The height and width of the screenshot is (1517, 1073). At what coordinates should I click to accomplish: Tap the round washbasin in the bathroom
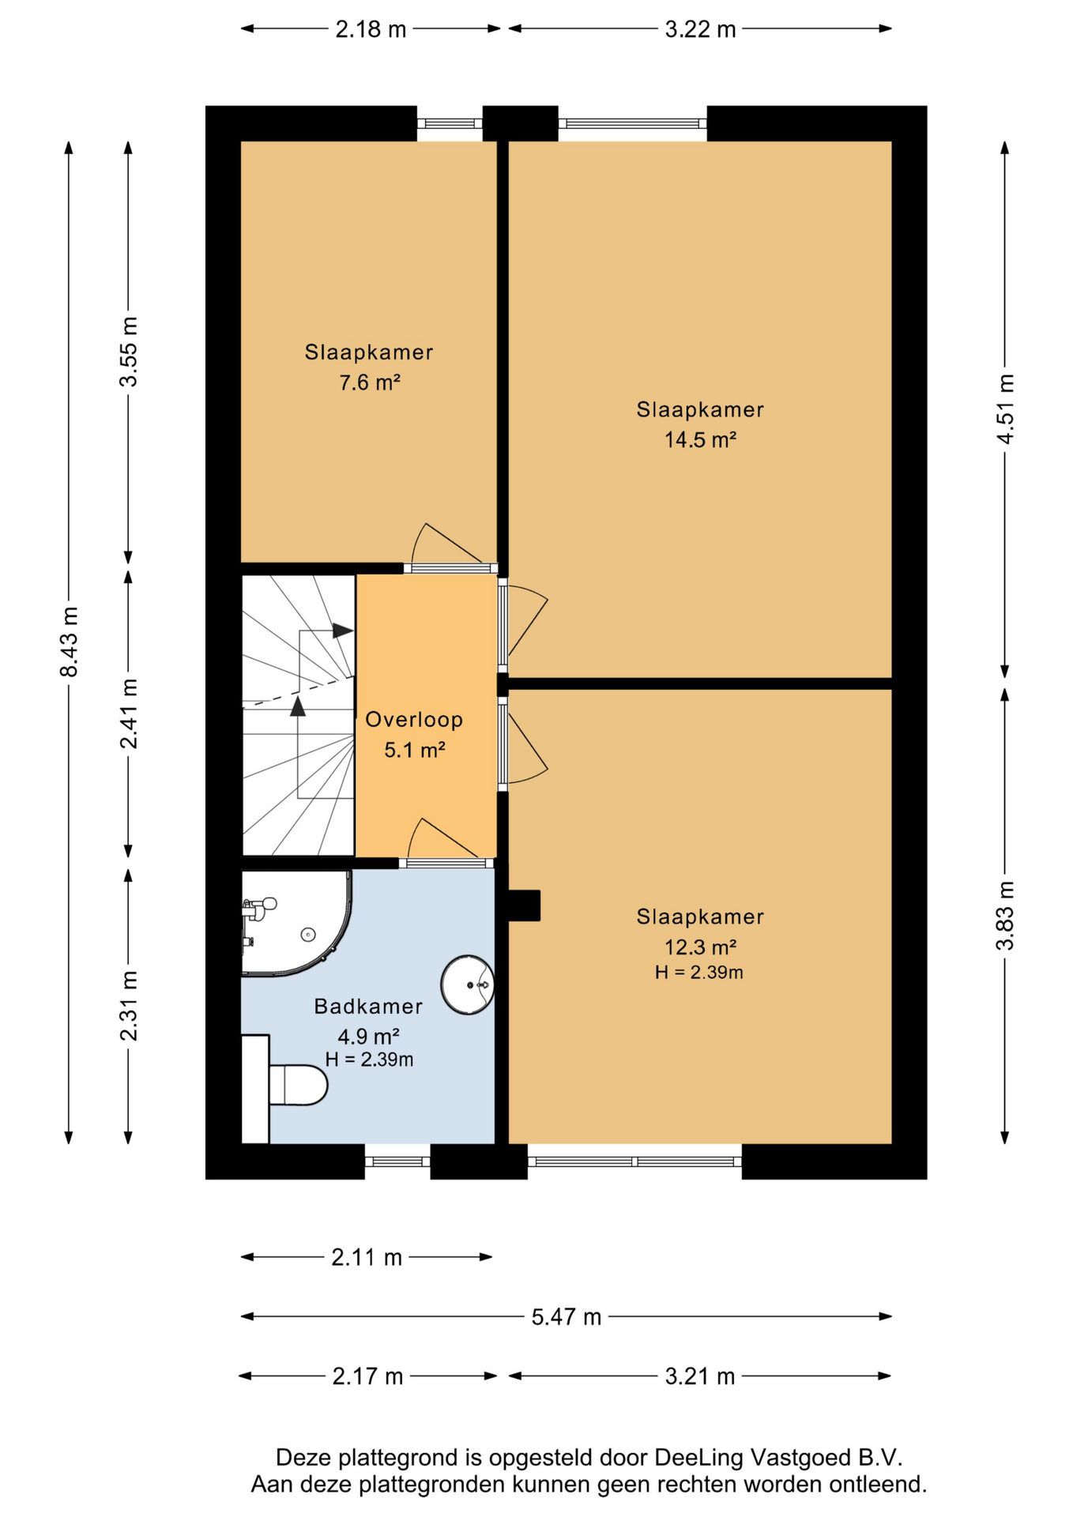[x=468, y=984]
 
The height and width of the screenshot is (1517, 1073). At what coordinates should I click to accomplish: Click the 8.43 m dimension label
[x=70, y=642]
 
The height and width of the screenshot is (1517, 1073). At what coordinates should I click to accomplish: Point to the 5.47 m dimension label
[x=567, y=1317]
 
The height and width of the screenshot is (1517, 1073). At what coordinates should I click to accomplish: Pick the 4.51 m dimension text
[x=1005, y=408]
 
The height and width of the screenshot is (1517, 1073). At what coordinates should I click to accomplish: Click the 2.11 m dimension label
[x=367, y=1257]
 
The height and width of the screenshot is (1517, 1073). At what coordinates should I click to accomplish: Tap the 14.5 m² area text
[x=700, y=439]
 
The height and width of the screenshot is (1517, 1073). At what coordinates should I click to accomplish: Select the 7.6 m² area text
[x=370, y=382]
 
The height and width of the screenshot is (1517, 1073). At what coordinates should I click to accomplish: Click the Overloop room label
[x=414, y=719]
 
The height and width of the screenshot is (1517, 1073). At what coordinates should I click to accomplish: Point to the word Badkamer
[x=368, y=1006]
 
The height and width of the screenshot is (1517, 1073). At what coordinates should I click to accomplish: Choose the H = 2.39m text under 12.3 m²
[x=699, y=972]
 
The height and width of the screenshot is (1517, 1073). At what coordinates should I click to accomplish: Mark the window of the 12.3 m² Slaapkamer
[x=634, y=1161]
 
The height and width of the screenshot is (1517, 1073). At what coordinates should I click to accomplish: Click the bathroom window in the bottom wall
[x=397, y=1161]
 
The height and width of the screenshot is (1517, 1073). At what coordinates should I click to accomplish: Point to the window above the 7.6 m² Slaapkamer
[x=450, y=123]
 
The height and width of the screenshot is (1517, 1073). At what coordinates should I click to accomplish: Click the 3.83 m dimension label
[x=1005, y=915]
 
